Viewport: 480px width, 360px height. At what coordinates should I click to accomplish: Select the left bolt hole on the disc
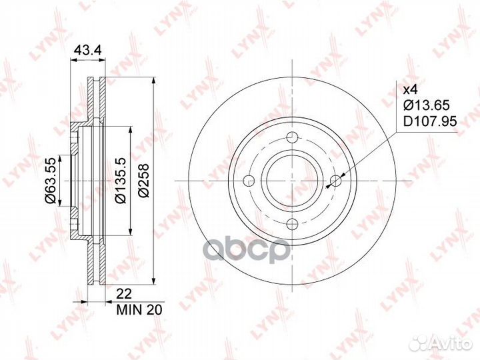(x=249, y=181)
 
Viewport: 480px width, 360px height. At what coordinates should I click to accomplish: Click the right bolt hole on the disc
(x=336, y=181)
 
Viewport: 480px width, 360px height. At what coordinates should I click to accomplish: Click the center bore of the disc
(x=292, y=181)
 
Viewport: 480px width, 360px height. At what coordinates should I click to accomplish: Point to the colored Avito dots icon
(x=421, y=341)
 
